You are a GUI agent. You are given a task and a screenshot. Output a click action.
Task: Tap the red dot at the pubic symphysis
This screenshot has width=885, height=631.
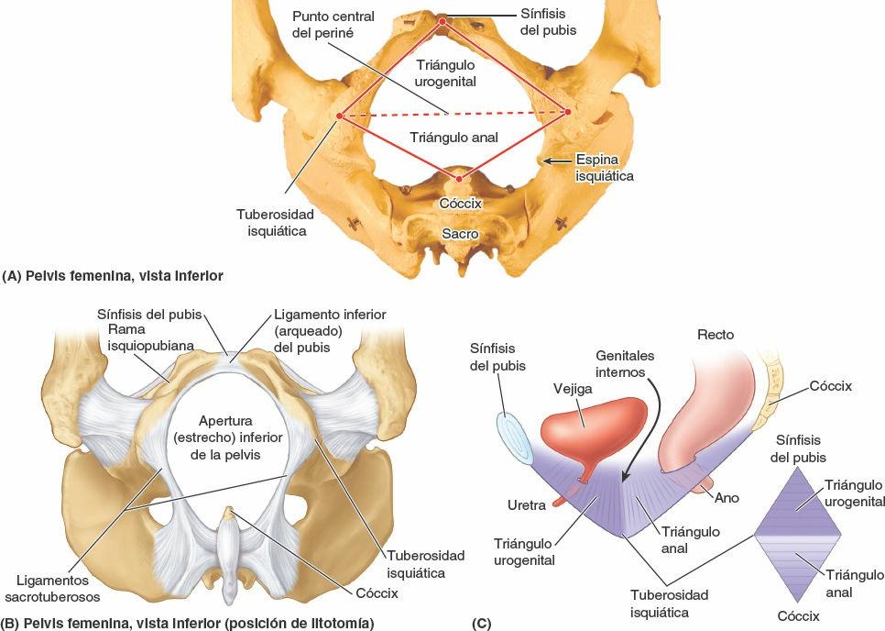[x=442, y=20]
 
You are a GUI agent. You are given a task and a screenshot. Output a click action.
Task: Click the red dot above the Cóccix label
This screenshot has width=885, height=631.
[x=459, y=178]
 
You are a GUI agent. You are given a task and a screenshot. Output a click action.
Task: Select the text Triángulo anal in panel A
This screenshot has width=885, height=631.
[x=454, y=138]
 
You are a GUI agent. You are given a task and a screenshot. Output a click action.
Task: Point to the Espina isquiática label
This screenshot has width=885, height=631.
[x=604, y=167]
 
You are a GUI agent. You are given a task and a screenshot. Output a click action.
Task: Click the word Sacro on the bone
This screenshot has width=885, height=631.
[x=460, y=234]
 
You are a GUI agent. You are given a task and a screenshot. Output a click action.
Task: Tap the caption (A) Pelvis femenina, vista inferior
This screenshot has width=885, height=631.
[x=112, y=274]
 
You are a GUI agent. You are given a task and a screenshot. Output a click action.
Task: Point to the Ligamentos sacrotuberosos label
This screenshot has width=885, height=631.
[x=58, y=588]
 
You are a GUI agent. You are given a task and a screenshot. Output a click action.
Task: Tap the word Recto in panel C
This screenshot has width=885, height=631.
[x=716, y=335]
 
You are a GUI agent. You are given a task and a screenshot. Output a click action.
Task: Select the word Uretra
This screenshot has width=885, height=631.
[x=528, y=504]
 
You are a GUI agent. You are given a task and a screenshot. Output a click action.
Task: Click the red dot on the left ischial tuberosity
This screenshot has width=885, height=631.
[x=339, y=116]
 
